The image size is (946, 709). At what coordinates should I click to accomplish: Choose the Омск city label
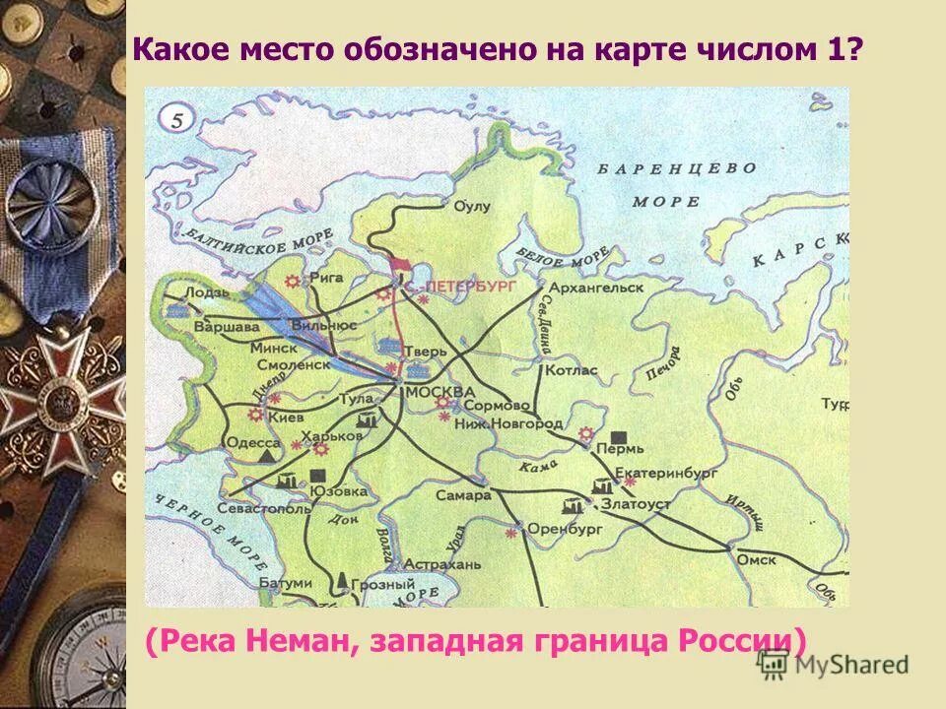[x=756, y=559]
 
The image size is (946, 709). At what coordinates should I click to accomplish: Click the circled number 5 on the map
[x=176, y=121]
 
